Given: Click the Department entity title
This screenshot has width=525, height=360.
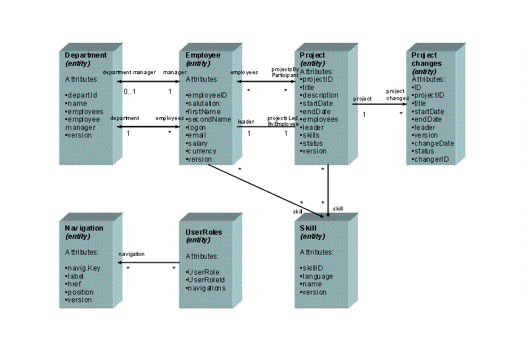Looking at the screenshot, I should coord(86,55).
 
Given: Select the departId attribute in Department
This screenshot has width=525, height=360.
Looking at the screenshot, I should coord(81,95).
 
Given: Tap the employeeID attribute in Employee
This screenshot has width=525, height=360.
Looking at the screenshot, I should coord(206,95).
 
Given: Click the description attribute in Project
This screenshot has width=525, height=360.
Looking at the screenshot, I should coord(319,95).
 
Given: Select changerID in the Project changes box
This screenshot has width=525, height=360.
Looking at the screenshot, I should coord(430,159).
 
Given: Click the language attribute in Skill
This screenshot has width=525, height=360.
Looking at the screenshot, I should coord(317,276).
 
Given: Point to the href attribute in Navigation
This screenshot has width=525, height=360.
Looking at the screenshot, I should coord(74,284).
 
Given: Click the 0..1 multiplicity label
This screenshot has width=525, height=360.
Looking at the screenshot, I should coord(130,92).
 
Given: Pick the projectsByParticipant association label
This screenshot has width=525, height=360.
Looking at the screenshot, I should coord(285,72).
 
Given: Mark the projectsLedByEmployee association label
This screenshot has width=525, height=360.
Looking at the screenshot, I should coord(283,121).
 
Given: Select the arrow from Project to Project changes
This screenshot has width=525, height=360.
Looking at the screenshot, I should coord(380,105).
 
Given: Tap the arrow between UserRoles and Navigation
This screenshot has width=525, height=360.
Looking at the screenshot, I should coord(149,262).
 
